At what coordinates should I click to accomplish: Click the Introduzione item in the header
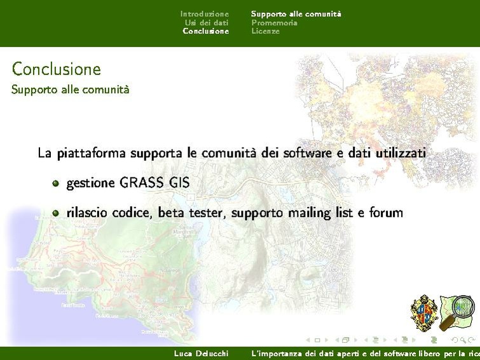[x=204, y=13]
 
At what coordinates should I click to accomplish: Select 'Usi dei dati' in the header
[x=206, y=22]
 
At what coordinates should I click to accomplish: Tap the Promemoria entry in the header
[x=274, y=22]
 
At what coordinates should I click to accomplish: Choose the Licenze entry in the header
[x=265, y=31]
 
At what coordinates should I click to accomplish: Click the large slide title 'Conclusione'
[x=56, y=69]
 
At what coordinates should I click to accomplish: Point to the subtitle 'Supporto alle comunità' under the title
[x=70, y=90]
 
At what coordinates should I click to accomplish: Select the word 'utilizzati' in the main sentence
[x=399, y=153]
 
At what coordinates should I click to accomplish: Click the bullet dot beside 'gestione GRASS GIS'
[x=56, y=184]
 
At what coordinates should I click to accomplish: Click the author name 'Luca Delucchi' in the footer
[x=201, y=353]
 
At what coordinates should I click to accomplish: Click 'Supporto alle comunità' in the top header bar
[x=296, y=13]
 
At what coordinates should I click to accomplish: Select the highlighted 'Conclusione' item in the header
[x=205, y=31]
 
